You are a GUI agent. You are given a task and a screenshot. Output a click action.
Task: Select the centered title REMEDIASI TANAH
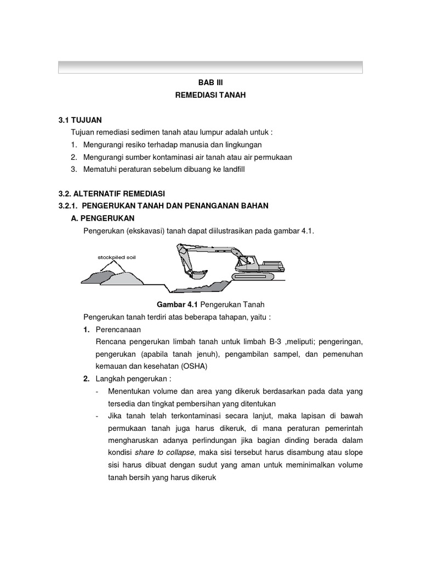click(210, 95)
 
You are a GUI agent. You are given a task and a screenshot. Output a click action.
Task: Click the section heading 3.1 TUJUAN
click(80, 120)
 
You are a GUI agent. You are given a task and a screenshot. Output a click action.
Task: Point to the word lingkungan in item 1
click(241, 145)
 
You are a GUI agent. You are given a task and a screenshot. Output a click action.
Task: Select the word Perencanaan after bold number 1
click(118, 330)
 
